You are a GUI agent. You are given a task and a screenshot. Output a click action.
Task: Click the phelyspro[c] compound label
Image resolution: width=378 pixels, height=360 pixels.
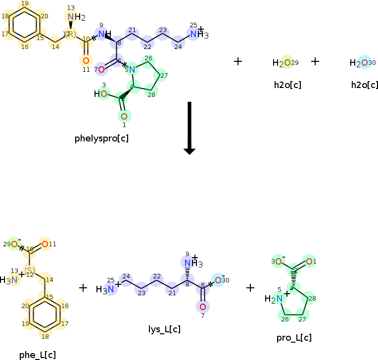click(x=101, y=138)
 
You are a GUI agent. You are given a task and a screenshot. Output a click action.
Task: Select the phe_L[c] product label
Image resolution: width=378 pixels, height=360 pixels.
click(x=38, y=355)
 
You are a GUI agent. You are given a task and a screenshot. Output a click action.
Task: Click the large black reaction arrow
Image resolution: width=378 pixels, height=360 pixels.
click(x=189, y=128)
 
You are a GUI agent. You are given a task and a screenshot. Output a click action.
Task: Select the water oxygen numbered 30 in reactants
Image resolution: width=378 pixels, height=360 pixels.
click(x=364, y=63)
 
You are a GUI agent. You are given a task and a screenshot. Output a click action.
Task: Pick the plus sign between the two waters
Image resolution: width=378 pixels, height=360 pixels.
click(x=315, y=61)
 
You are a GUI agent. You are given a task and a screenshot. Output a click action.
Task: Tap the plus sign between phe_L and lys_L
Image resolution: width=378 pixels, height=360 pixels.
click(x=83, y=288)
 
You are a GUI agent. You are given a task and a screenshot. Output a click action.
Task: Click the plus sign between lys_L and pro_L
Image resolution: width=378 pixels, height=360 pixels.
click(x=250, y=288)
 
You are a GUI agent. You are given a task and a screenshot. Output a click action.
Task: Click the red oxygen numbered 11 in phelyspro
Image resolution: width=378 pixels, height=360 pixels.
click(x=86, y=60)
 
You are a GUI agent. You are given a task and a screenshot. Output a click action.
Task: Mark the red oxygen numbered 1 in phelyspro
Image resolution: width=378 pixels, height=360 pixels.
click(x=124, y=116)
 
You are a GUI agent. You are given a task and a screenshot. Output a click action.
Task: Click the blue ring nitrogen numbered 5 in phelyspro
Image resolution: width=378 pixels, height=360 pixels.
click(x=132, y=70)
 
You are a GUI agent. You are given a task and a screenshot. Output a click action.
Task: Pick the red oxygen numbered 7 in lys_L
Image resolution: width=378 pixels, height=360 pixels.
click(x=202, y=307)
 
